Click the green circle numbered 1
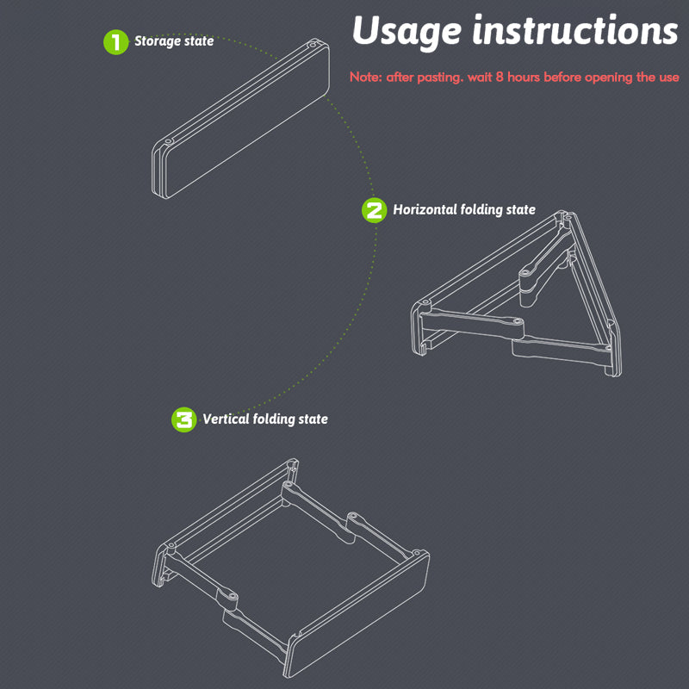click(x=115, y=42)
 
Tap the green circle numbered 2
click(x=374, y=210)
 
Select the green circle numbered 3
click(x=183, y=419)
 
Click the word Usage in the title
click(x=407, y=32)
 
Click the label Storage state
click(x=174, y=41)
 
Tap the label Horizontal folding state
click(x=464, y=209)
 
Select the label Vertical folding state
click(x=265, y=419)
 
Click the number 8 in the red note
click(x=500, y=77)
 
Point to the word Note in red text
click(x=365, y=77)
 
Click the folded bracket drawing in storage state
click(x=241, y=118)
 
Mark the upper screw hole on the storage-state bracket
click(x=313, y=45)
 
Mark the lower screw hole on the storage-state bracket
click(x=168, y=141)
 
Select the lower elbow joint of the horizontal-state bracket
click(x=518, y=322)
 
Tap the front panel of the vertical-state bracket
click(x=359, y=614)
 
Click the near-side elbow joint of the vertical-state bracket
click(x=230, y=598)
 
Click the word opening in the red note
click(x=607, y=78)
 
